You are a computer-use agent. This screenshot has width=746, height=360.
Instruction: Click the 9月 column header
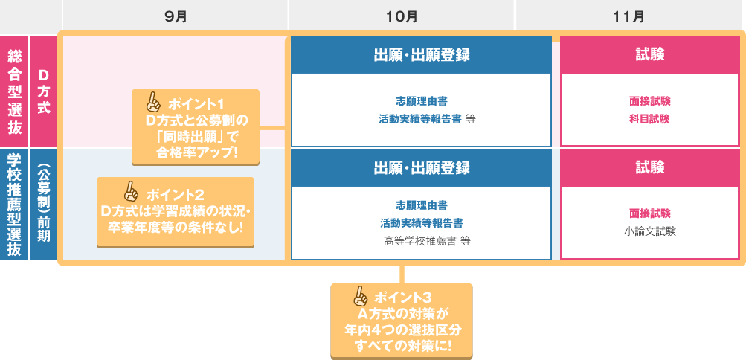176,16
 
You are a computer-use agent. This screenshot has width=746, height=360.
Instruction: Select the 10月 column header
401,16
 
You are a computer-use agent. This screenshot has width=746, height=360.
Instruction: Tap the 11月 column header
628,16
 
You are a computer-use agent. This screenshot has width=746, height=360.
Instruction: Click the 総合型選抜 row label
14,91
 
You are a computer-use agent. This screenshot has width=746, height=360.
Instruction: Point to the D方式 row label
43,91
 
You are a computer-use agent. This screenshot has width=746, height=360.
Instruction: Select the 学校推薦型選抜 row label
14,205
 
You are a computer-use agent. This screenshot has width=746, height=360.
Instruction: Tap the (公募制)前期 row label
43,205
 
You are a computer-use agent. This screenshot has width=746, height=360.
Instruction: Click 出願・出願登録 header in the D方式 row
421,55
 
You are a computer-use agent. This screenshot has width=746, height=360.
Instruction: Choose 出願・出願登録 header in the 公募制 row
421,167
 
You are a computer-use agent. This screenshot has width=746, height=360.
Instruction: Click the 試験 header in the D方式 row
650,55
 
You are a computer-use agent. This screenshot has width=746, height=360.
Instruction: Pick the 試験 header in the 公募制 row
650,167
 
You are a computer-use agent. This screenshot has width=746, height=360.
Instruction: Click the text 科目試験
650,118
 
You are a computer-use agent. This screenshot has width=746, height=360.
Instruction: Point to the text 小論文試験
650,231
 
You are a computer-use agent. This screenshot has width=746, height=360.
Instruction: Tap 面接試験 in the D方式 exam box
650,100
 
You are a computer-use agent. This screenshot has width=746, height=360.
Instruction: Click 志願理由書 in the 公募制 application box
421,205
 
